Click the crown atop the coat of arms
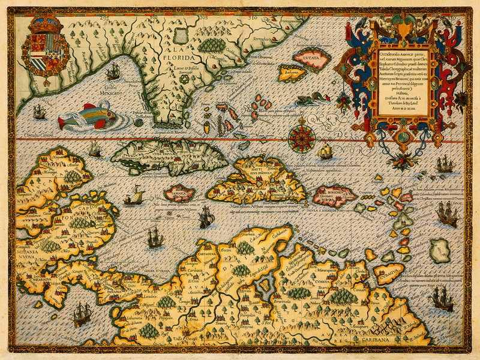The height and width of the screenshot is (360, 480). coord(45,26)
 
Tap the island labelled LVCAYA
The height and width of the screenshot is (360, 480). coord(313,59)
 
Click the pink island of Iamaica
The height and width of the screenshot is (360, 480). coord(179,193)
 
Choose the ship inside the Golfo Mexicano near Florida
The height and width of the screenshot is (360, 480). coord(113,73)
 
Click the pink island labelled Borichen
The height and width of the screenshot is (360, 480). coord(334,196)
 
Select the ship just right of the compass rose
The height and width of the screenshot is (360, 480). coord(325,151)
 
